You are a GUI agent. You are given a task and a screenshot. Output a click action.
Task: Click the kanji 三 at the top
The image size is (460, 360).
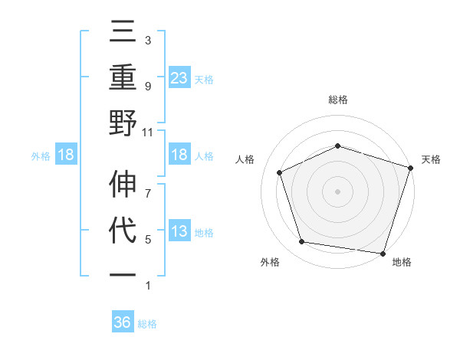123,34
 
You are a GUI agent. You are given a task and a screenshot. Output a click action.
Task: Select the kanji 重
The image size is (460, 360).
123,79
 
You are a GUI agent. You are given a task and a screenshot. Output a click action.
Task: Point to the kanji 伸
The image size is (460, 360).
123,186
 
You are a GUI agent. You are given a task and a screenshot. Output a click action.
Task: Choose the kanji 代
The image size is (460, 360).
123,231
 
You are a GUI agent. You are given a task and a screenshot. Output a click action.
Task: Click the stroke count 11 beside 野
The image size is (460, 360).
148,132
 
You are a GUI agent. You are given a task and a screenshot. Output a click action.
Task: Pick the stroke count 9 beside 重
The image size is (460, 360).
148,86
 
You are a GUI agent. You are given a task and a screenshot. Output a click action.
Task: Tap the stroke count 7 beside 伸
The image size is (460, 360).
148,185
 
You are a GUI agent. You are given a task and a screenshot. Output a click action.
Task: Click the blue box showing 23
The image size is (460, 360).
179,78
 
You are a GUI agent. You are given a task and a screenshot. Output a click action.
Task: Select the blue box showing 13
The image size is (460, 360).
179,231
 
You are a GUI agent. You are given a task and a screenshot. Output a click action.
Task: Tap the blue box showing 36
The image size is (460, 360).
123,322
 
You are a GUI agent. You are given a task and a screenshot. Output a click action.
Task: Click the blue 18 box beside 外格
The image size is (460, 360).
66,155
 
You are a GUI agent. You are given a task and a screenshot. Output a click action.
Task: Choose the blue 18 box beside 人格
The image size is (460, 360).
179,155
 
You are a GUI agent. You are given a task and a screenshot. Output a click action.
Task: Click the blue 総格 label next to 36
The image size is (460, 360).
147,324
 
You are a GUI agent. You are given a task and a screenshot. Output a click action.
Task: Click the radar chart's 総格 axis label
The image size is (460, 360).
338,100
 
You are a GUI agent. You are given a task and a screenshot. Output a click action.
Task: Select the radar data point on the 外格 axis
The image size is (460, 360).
302,242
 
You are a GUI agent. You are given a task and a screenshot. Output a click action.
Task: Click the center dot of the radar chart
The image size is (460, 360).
338,191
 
